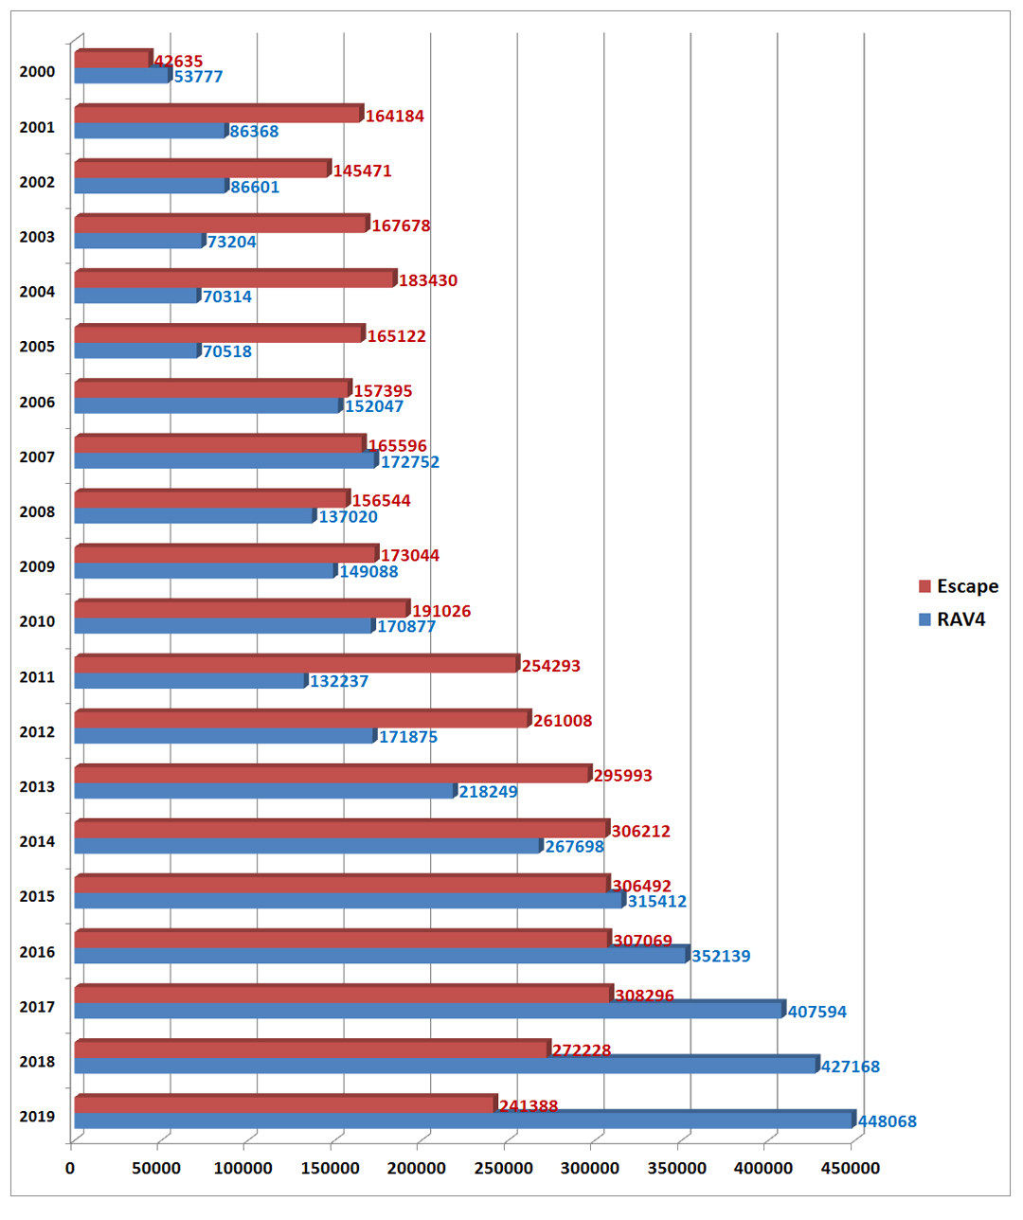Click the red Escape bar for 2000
click(112, 59)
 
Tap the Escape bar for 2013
click(332, 774)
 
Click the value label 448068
click(887, 1121)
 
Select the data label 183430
click(427, 281)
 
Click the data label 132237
click(338, 681)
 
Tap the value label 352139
click(720, 957)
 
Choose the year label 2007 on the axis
click(37, 457)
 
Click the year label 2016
click(37, 952)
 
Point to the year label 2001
click(37, 128)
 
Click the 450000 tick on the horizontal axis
click(850, 1169)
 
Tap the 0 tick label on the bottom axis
click(70, 1169)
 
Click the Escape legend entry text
click(967, 586)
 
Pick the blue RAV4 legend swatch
click(924, 620)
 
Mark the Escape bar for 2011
click(296, 664)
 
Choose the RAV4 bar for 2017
click(428, 1011)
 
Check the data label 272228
click(581, 1051)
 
